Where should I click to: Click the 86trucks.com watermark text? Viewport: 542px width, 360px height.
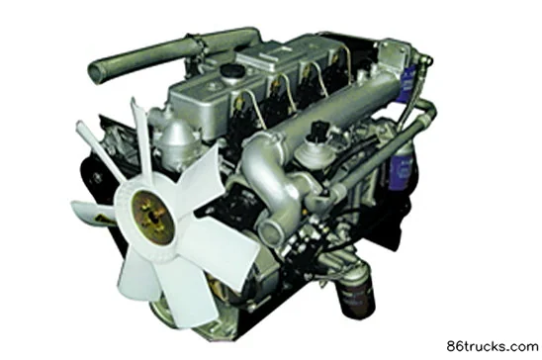tap(493, 346)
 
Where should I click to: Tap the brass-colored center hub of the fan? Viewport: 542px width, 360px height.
tap(152, 217)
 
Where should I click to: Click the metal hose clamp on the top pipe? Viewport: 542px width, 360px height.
tap(197, 45)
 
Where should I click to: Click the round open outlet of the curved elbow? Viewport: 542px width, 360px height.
tap(271, 230)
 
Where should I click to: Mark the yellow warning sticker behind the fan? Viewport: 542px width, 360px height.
tap(104, 219)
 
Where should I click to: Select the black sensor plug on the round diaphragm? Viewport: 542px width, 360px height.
tap(318, 131)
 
